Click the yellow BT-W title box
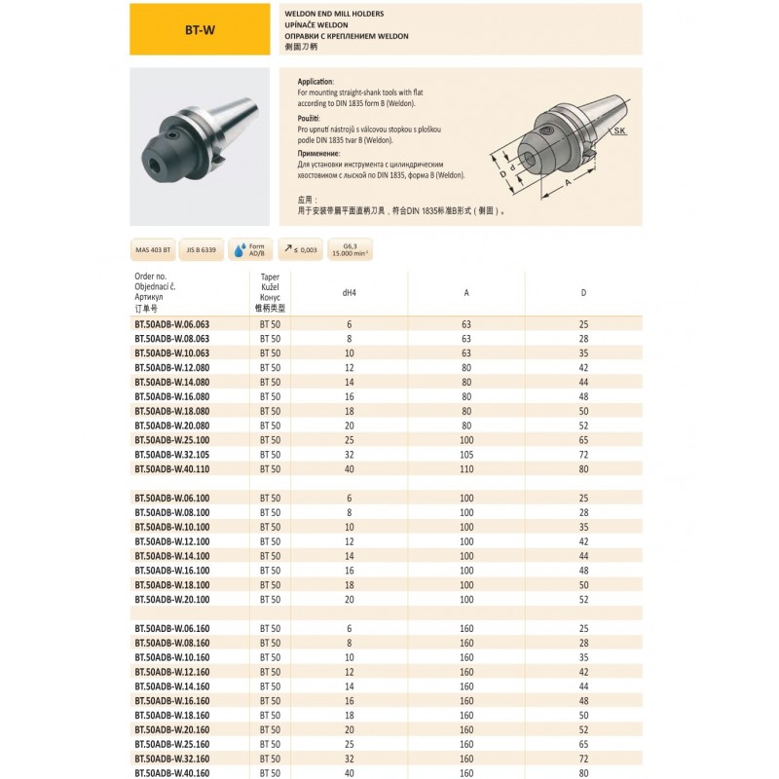click(x=200, y=29)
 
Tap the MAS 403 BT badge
click(x=154, y=250)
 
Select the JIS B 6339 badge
click(x=202, y=250)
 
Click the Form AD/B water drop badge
click(x=249, y=250)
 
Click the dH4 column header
click(x=349, y=292)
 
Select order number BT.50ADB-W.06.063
click(x=170, y=323)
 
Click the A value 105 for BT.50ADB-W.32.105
click(x=466, y=454)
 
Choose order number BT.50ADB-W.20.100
click(x=170, y=599)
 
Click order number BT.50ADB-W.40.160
click(x=170, y=773)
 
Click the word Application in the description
click(x=315, y=82)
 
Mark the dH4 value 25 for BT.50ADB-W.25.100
click(x=349, y=440)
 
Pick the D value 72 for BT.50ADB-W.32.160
click(x=583, y=759)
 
